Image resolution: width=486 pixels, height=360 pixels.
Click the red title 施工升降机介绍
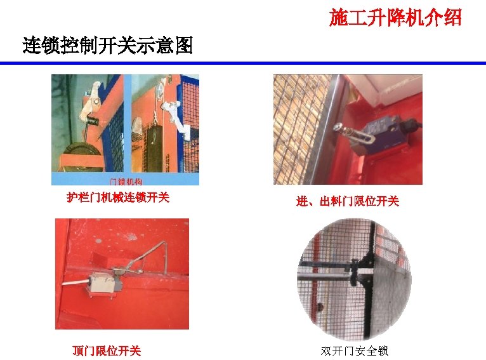(395, 18)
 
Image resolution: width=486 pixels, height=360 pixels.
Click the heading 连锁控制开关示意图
(107, 46)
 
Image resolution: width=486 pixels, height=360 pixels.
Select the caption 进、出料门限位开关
(347, 201)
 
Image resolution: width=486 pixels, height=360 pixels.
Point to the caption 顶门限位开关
(107, 350)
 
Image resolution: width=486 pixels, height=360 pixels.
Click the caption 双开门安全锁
(354, 350)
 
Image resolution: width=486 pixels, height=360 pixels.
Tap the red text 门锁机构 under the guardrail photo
(126, 182)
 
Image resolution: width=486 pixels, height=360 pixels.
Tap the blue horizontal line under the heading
(243, 63)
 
